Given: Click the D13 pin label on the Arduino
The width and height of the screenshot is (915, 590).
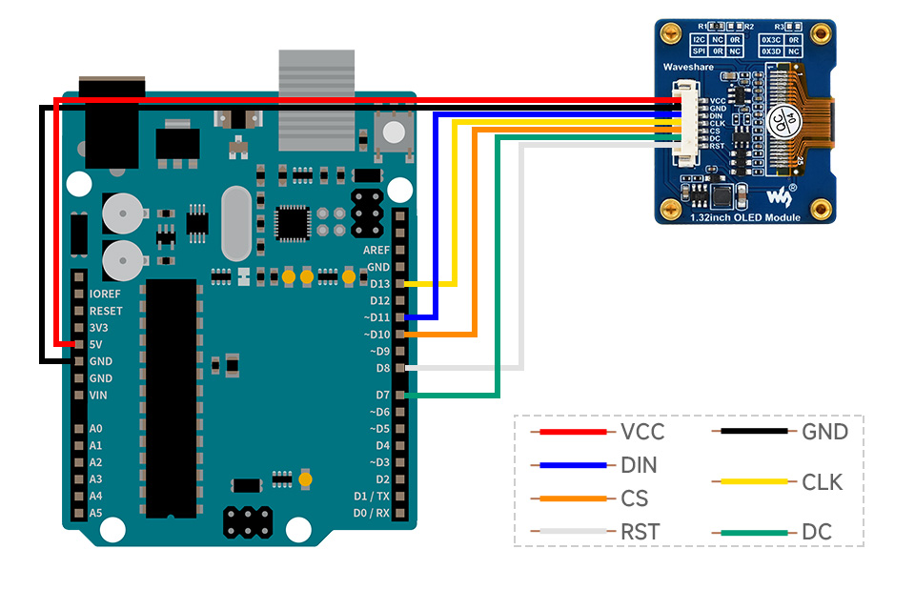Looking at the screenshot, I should (x=379, y=284).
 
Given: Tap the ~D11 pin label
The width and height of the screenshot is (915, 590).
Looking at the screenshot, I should (x=377, y=317).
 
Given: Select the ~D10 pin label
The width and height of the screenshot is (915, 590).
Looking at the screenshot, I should (x=377, y=335).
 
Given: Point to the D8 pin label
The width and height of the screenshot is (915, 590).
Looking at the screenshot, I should (x=382, y=368).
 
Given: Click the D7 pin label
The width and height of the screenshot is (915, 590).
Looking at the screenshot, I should (x=382, y=395).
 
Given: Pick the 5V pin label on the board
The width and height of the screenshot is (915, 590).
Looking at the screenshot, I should (x=95, y=344).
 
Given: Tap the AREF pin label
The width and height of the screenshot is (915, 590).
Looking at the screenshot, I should (x=376, y=250).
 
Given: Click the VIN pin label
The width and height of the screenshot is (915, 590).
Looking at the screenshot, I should (x=98, y=395).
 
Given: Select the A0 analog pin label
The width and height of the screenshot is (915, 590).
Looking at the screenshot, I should (x=95, y=429).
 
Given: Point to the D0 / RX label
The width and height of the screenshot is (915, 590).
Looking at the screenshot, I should (x=372, y=513).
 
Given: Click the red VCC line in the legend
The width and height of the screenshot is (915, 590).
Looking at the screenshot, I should (x=572, y=432).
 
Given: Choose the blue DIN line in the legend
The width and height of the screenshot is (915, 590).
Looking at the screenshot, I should (x=572, y=465).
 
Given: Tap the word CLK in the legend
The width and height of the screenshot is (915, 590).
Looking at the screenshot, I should (x=823, y=482).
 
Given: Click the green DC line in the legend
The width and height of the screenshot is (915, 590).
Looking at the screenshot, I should (x=754, y=533).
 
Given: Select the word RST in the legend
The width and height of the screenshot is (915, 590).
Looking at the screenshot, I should (x=640, y=532).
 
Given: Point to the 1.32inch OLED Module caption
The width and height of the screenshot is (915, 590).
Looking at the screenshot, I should (x=744, y=218).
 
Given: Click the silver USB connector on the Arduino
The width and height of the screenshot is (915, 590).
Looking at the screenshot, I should (x=316, y=99).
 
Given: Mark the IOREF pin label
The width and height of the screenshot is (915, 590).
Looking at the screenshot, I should (x=105, y=294).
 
